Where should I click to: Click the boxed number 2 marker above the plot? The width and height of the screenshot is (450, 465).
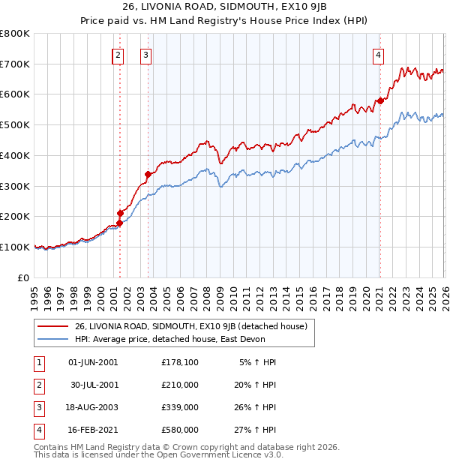pos(118,54)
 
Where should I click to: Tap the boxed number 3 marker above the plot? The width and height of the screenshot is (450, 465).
pos(145,54)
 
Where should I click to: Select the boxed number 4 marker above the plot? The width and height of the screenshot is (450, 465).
pos(379,54)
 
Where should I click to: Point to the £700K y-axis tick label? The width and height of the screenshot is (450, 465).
pos(15,64)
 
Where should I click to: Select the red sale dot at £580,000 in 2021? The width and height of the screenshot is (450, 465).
pos(380,100)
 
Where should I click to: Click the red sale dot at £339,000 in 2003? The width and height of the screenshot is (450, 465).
pos(148,174)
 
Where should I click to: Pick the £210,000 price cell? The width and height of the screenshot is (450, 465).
pos(179,385)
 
